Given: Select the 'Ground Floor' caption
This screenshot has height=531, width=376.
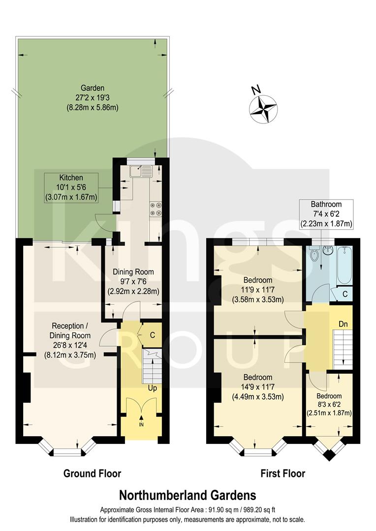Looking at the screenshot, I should [92, 473].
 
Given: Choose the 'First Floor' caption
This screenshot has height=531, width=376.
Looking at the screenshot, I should [282, 473].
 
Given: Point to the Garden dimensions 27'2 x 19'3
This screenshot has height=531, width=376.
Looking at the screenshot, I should [93, 98].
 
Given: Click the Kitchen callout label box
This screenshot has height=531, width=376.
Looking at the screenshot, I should [71, 187].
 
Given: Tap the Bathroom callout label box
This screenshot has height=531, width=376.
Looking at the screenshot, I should [326, 213].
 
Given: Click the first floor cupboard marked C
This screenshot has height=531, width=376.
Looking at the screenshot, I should [345, 294].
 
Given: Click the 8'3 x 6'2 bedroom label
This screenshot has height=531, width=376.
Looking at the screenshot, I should [329, 405].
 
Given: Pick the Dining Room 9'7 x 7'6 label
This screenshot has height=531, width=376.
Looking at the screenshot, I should [133, 281].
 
